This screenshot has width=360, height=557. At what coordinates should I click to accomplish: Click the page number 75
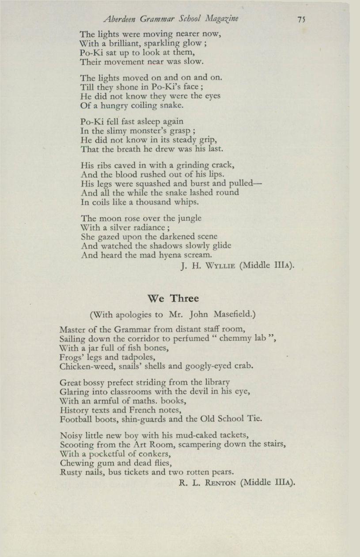click(x=301, y=19)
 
